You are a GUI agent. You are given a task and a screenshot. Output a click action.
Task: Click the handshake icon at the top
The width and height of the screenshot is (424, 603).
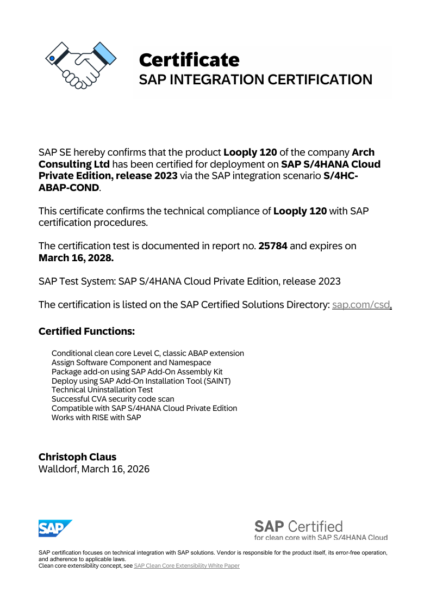tap(80, 65)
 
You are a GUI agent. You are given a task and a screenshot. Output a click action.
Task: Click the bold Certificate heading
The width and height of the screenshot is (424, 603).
tap(189, 59)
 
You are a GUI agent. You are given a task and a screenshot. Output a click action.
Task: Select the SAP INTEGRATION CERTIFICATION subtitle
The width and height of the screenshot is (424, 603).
tap(255, 79)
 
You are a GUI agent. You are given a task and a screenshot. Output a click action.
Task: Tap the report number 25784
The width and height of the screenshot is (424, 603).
tap(272, 246)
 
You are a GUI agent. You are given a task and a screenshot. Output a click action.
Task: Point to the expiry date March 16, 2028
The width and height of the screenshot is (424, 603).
tap(76, 258)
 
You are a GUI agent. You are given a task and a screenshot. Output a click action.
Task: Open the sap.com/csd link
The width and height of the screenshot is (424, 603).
tap(361, 305)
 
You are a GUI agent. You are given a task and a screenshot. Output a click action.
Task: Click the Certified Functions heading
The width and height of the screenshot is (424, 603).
tap(86, 331)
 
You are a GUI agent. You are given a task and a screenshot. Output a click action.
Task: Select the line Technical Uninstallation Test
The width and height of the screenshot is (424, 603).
tap(102, 390)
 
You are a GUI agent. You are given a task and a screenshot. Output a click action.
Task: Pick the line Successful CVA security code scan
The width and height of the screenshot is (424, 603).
tap(113, 399)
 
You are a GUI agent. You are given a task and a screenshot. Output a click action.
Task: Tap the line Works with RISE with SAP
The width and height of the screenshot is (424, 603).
tap(96, 417)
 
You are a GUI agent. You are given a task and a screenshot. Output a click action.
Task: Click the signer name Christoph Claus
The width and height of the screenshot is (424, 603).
tap(77, 457)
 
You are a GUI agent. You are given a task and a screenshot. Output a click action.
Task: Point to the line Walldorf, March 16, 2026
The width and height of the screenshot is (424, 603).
tap(94, 469)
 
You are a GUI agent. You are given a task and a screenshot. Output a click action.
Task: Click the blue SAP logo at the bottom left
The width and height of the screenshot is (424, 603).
tap(55, 528)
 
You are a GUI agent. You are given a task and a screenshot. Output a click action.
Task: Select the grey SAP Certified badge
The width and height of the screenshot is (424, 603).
tap(321, 530)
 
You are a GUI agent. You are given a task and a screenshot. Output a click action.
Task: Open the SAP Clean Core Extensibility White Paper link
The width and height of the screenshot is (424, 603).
tap(186, 565)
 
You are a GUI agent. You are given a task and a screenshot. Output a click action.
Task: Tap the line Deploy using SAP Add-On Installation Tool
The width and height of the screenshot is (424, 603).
tap(141, 380)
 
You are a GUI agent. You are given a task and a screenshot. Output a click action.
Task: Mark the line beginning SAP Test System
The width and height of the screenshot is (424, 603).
tap(189, 281)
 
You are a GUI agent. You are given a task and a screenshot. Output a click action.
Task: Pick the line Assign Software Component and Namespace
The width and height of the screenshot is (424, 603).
tap(131, 362)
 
